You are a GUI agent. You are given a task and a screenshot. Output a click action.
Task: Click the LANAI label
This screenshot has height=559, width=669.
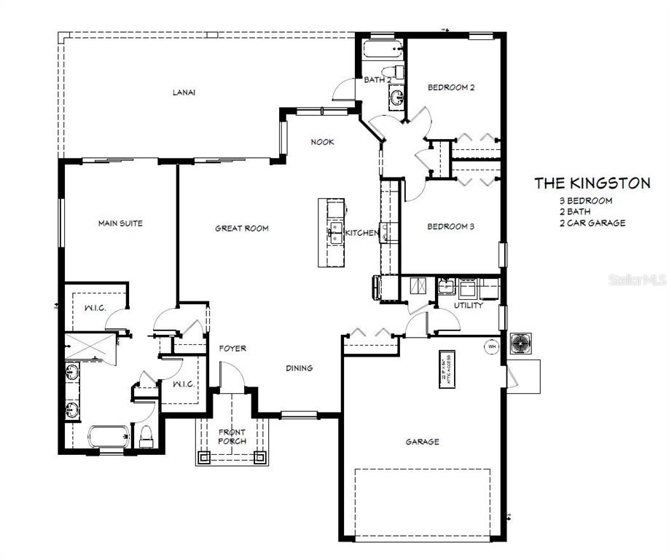[x=184, y=92]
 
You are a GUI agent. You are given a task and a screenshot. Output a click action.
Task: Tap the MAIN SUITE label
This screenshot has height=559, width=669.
[x=120, y=223]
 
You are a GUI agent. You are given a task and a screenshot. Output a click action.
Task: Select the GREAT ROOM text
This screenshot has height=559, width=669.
[x=241, y=229]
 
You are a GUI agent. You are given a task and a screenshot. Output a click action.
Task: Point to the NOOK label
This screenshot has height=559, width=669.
[x=322, y=142]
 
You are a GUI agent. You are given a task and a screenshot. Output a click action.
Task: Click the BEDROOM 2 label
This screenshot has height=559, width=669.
[x=451, y=87]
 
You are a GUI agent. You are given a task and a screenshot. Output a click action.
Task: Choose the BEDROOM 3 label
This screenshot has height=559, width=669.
[x=450, y=226]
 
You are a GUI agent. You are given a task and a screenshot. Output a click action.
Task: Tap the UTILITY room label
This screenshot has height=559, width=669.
[x=468, y=306]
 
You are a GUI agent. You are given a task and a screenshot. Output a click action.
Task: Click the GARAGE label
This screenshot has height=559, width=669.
[x=422, y=442]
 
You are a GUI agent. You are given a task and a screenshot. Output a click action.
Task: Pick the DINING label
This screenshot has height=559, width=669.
[x=299, y=368]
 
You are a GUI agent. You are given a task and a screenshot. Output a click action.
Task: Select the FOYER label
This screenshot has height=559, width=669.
[x=232, y=349]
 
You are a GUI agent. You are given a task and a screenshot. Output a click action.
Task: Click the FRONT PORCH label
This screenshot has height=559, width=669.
[x=232, y=437]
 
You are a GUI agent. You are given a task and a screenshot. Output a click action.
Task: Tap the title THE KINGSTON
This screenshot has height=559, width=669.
[x=592, y=183]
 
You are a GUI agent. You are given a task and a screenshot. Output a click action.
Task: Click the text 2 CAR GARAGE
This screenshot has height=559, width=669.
[x=592, y=223]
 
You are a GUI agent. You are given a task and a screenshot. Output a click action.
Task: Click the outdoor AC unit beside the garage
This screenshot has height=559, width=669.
[x=521, y=343]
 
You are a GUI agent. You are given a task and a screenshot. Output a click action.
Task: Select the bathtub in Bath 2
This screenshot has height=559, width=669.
[x=381, y=51]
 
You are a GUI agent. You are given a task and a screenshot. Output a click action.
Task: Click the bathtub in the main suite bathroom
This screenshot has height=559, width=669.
[x=109, y=437]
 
